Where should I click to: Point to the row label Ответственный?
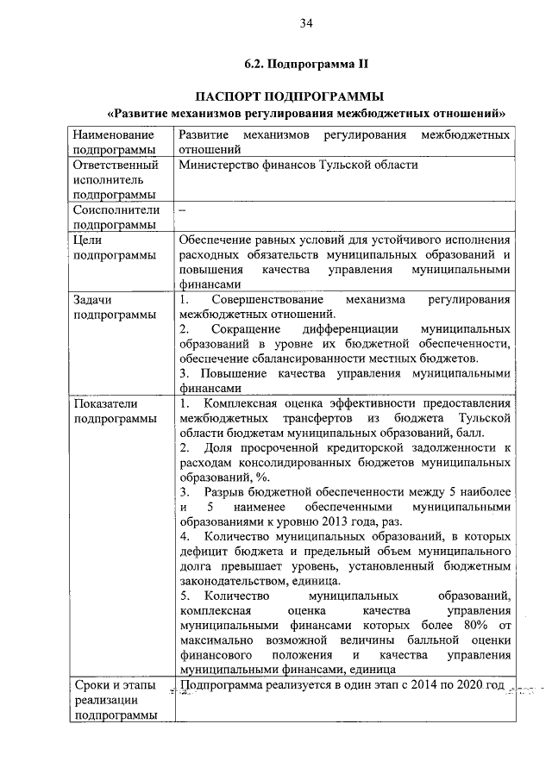tap(116, 164)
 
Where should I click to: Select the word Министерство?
tap(220, 164)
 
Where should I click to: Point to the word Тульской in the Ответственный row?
tap(354, 164)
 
